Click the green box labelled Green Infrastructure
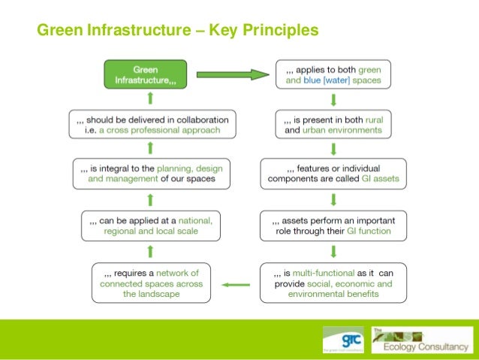coord(146,74)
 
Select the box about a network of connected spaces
coord(151,283)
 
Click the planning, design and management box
coord(151,174)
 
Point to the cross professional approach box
coord(151,125)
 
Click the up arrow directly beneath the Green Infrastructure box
coord(151,98)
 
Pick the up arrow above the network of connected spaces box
coord(151,250)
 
